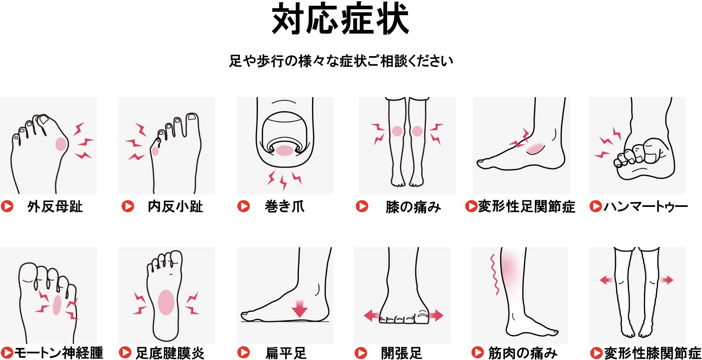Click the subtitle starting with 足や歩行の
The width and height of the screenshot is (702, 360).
341,61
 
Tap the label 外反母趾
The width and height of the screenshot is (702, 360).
55,206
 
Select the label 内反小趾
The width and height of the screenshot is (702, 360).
175,206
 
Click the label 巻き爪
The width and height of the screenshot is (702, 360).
284,206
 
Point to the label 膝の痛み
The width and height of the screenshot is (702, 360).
413,207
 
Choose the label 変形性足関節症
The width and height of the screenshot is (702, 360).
527,206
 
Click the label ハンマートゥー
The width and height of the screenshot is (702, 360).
646,206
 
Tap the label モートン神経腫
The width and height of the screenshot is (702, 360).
59,353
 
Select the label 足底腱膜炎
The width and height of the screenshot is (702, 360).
170,353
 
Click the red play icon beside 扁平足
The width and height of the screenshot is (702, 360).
243,353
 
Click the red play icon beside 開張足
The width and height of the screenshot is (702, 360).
361,353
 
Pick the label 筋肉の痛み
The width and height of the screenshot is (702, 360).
522,353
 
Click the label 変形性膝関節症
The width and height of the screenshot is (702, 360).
653,353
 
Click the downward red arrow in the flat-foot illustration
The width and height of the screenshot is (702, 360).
300,308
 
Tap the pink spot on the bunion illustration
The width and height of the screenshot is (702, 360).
61,144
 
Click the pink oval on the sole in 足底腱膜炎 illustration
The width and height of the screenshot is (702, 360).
166,302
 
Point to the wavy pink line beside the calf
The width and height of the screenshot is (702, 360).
494,274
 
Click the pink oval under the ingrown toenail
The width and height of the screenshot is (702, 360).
285,151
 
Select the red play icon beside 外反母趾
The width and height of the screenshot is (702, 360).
7,206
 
